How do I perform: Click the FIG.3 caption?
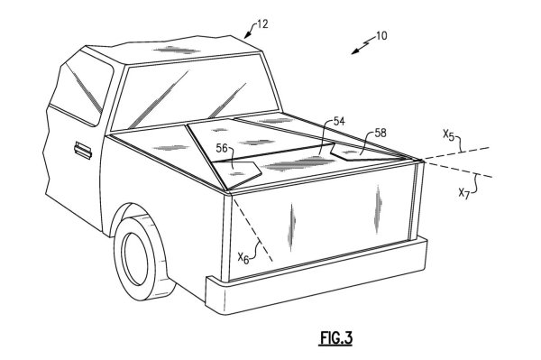(x=336, y=337)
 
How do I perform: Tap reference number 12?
(x=261, y=24)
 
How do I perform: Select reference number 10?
(x=381, y=35)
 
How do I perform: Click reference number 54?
(x=339, y=121)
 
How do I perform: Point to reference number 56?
(x=222, y=148)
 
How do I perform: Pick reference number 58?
(x=381, y=133)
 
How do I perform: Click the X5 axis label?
(x=448, y=135)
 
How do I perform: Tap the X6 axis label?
(x=243, y=258)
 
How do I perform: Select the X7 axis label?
(x=464, y=193)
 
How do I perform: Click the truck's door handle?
(x=83, y=150)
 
